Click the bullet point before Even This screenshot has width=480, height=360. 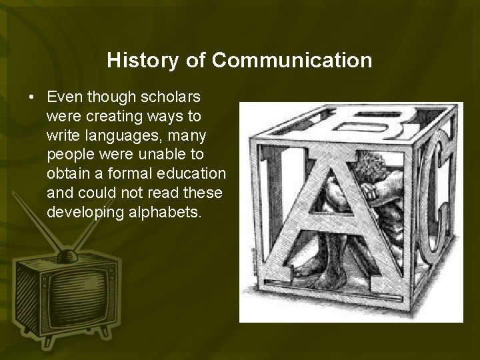click(x=32, y=97)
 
